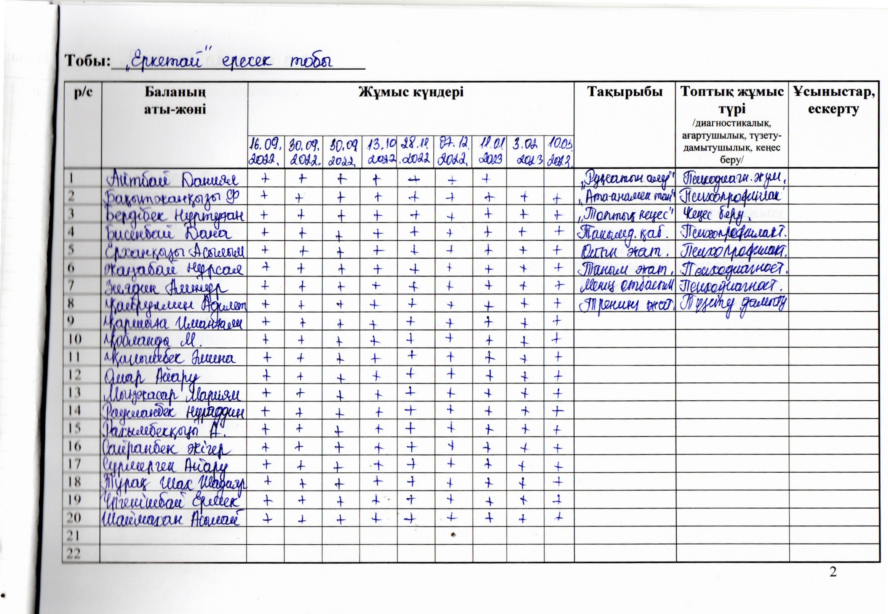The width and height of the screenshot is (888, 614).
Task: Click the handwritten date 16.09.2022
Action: tap(265, 156)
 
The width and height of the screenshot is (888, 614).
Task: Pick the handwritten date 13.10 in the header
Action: tap(379, 156)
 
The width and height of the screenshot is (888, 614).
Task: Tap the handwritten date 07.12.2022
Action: tap(454, 156)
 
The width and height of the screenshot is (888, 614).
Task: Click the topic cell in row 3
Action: tap(624, 214)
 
